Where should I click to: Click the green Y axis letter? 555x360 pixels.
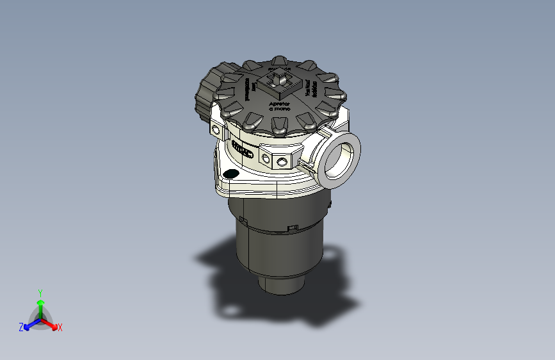[x=40, y=292]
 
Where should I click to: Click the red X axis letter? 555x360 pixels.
[x=60, y=327]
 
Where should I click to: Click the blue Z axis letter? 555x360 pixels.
[x=21, y=327]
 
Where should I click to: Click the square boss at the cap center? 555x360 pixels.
[x=279, y=81]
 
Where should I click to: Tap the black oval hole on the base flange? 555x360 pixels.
[x=230, y=174]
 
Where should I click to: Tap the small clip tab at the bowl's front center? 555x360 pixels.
[x=293, y=227]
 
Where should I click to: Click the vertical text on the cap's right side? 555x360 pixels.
[x=312, y=88]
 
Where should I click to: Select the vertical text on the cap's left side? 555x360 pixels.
[x=247, y=90]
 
